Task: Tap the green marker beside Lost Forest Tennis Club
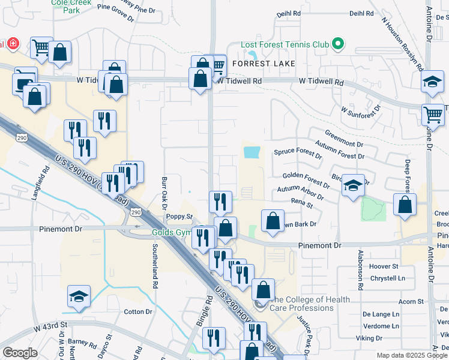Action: point(338,44)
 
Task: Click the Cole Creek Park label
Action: point(66,7)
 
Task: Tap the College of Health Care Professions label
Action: point(301,304)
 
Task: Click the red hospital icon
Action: point(13,44)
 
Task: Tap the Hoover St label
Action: point(384,266)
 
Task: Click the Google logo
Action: point(20,352)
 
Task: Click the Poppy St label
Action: point(179,216)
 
